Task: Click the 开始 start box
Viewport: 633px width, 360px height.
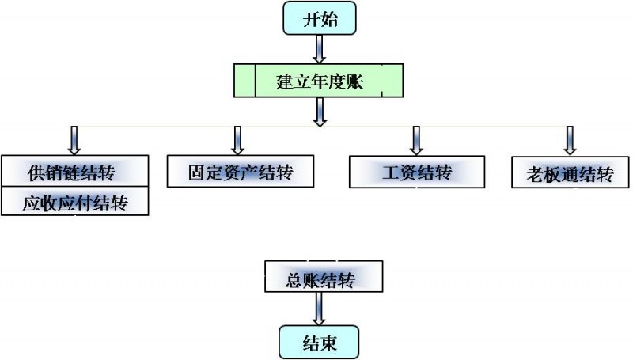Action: pyautogui.click(x=320, y=19)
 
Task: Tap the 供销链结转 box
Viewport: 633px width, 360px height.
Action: pyautogui.click(x=75, y=171)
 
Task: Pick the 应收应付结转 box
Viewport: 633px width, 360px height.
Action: pyautogui.click(x=75, y=203)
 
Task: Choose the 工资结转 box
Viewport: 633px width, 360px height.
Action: pyautogui.click(x=416, y=172)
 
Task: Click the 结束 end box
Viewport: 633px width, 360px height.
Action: pyautogui.click(x=319, y=343)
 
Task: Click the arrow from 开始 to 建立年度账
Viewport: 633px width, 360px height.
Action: pyautogui.click(x=319, y=49)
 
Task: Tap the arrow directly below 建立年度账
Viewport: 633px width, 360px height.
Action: pyautogui.click(x=319, y=111)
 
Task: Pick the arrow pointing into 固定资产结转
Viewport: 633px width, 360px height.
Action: pyautogui.click(x=237, y=140)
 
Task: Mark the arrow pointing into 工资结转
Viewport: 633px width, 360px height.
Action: pyautogui.click(x=415, y=140)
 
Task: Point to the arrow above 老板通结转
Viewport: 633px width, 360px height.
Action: pyautogui.click(x=569, y=140)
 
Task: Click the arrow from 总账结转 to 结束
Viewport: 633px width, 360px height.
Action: pyautogui.click(x=319, y=309)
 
